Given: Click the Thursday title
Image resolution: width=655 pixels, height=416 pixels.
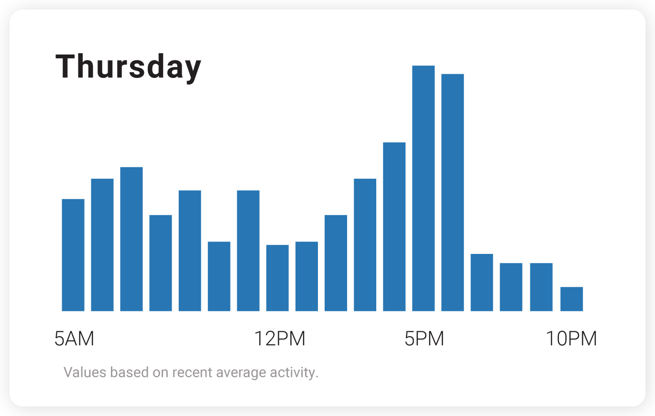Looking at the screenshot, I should pos(128,67).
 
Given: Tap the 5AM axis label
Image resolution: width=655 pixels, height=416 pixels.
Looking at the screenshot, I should pos(74,339).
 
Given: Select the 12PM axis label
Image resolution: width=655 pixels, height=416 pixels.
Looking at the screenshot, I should pos(279,339).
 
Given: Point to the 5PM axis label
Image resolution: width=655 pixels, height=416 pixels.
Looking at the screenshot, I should pos(424,339).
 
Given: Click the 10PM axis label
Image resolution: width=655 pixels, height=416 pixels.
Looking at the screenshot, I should pos(571,339).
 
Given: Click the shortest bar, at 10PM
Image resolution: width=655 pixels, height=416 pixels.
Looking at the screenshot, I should pos(571,299).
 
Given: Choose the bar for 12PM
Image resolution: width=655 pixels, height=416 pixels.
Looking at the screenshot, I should pos(277,278).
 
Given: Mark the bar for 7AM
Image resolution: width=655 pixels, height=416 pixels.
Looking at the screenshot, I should pos(131,239).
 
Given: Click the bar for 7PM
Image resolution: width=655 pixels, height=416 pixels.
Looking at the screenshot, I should pos(482,283).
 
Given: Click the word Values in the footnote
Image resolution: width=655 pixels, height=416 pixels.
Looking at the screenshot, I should pos(79,372).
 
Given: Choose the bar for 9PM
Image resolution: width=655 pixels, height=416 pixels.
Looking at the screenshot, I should pos(541,287).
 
